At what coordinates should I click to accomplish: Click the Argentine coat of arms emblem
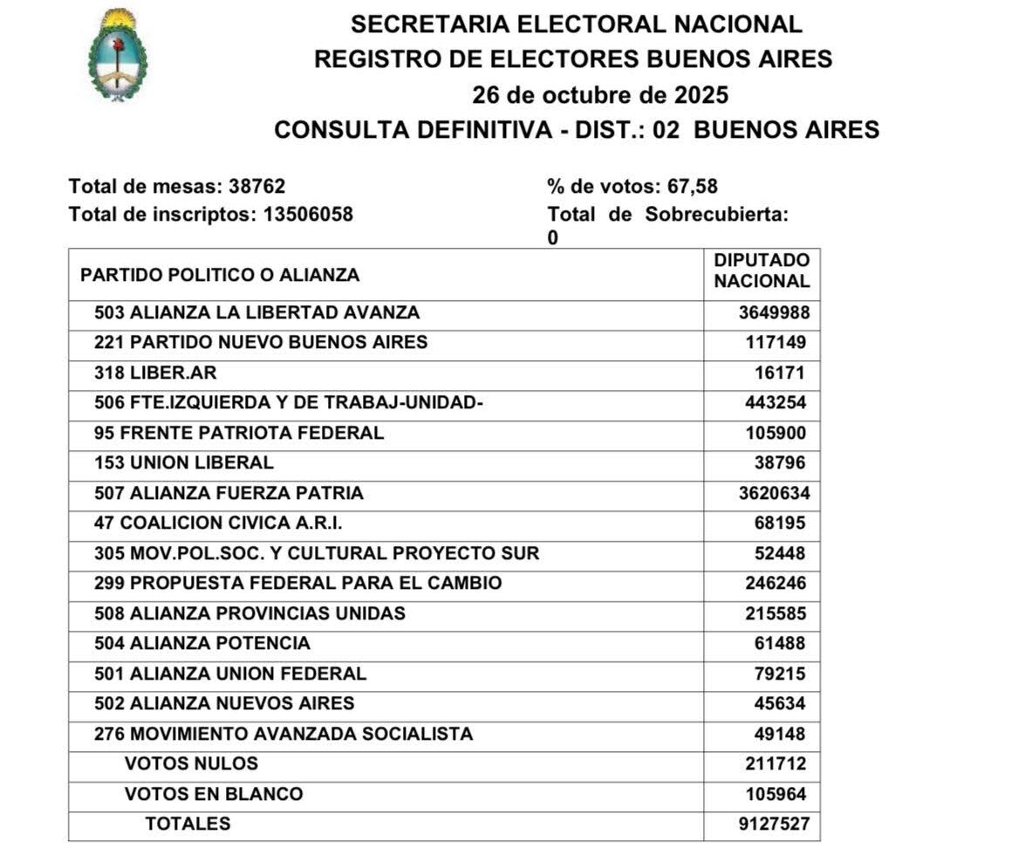[x=117, y=55]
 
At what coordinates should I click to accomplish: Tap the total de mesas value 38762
[x=256, y=187]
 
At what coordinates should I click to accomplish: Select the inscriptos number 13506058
[x=308, y=214]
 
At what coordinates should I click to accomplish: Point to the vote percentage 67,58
[x=693, y=187]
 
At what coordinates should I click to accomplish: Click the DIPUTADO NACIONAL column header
[x=762, y=270]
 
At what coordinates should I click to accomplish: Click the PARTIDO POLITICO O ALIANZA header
[x=220, y=275]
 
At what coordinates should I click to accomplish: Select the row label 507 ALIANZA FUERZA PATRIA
[x=229, y=494]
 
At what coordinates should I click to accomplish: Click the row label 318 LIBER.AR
[x=155, y=373]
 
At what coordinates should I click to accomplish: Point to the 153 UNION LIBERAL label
[x=184, y=463]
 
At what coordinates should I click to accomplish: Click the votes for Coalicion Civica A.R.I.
[x=780, y=523]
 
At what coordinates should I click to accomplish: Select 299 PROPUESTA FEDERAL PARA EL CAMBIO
[x=298, y=584]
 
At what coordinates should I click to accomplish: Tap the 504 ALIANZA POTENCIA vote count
[x=780, y=644]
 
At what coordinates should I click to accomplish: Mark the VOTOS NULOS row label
[x=191, y=764]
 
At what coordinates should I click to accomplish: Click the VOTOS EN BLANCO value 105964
[x=775, y=795]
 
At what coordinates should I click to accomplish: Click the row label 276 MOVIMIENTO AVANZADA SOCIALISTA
[x=284, y=735]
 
